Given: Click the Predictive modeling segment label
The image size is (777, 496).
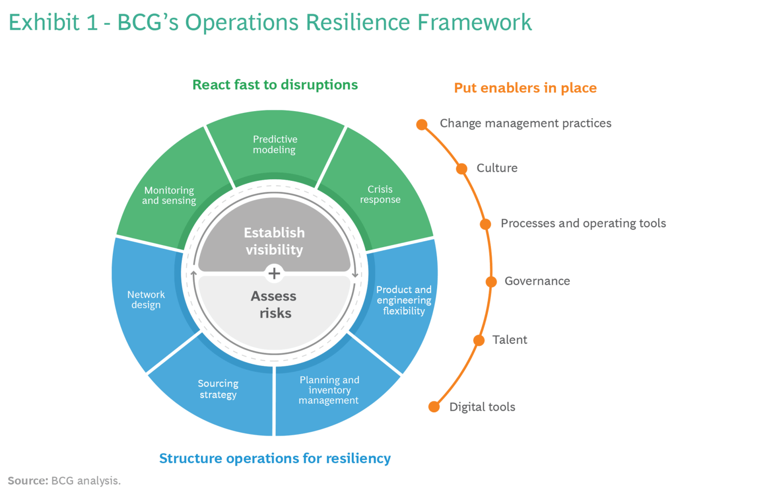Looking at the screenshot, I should coord(275,145).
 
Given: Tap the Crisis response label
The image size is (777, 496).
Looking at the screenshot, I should coord(380,194).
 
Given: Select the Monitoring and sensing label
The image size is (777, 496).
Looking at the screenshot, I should coord(169,195).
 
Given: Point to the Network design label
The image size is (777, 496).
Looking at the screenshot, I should coord(146,300).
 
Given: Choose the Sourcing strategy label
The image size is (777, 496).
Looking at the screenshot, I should coord(218,389).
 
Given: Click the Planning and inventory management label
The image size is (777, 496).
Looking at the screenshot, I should coord(329,390).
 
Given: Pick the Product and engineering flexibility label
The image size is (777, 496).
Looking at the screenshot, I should coord(404,300).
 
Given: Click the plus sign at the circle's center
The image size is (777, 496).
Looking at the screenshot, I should coord(274,273).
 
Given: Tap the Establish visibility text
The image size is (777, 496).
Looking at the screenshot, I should coord(274,241).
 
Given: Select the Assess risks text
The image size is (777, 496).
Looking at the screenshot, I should coord(274,304).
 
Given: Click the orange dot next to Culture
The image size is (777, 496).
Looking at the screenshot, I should coord(462,169).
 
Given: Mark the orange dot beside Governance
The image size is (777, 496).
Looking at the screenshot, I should coord(491,282).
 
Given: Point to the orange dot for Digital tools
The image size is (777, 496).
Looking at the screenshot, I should coord(434,407).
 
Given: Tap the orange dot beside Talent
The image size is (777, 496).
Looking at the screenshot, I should coord(479,341).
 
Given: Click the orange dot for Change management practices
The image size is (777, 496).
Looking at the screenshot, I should coord(422,125).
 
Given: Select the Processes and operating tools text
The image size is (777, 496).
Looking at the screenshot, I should coord(583,223).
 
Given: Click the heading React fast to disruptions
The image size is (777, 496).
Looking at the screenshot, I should coord(275,85).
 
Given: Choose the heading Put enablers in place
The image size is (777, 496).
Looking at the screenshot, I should coord(525,88).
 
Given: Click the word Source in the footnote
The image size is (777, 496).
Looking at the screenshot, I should coord(28,481).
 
